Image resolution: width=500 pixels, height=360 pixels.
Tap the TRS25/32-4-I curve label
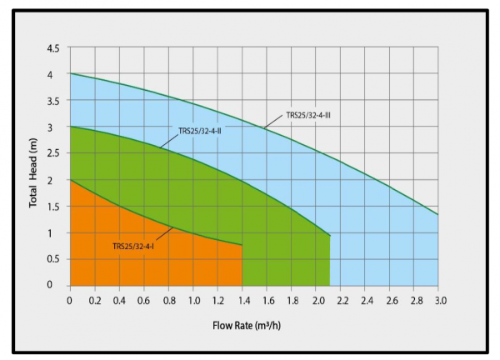click(133, 245)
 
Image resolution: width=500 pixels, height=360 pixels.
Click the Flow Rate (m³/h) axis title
click(256, 324)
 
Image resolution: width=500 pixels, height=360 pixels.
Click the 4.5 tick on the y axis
click(53, 48)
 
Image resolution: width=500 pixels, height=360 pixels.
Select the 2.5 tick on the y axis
click(53, 153)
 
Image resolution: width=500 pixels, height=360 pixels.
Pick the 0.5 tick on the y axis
click(53, 259)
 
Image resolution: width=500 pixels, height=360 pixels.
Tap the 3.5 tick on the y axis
click(53, 101)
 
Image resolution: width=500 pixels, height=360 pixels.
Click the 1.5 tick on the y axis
click(53, 207)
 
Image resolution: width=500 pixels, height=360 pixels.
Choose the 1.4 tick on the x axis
click(242, 299)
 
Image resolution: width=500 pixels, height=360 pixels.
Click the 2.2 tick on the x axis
click(341, 299)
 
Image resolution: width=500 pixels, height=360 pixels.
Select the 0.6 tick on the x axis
click(144, 299)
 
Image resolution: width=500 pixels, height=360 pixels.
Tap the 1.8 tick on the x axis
click(292, 299)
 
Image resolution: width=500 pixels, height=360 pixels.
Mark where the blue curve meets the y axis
click(70, 73)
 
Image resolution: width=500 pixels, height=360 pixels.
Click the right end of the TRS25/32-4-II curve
click(329, 236)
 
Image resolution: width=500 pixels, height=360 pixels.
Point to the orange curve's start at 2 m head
click(70, 179)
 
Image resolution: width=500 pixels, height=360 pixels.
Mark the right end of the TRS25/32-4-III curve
click(438, 215)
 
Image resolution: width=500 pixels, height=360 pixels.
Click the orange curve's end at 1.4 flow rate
click(242, 245)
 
